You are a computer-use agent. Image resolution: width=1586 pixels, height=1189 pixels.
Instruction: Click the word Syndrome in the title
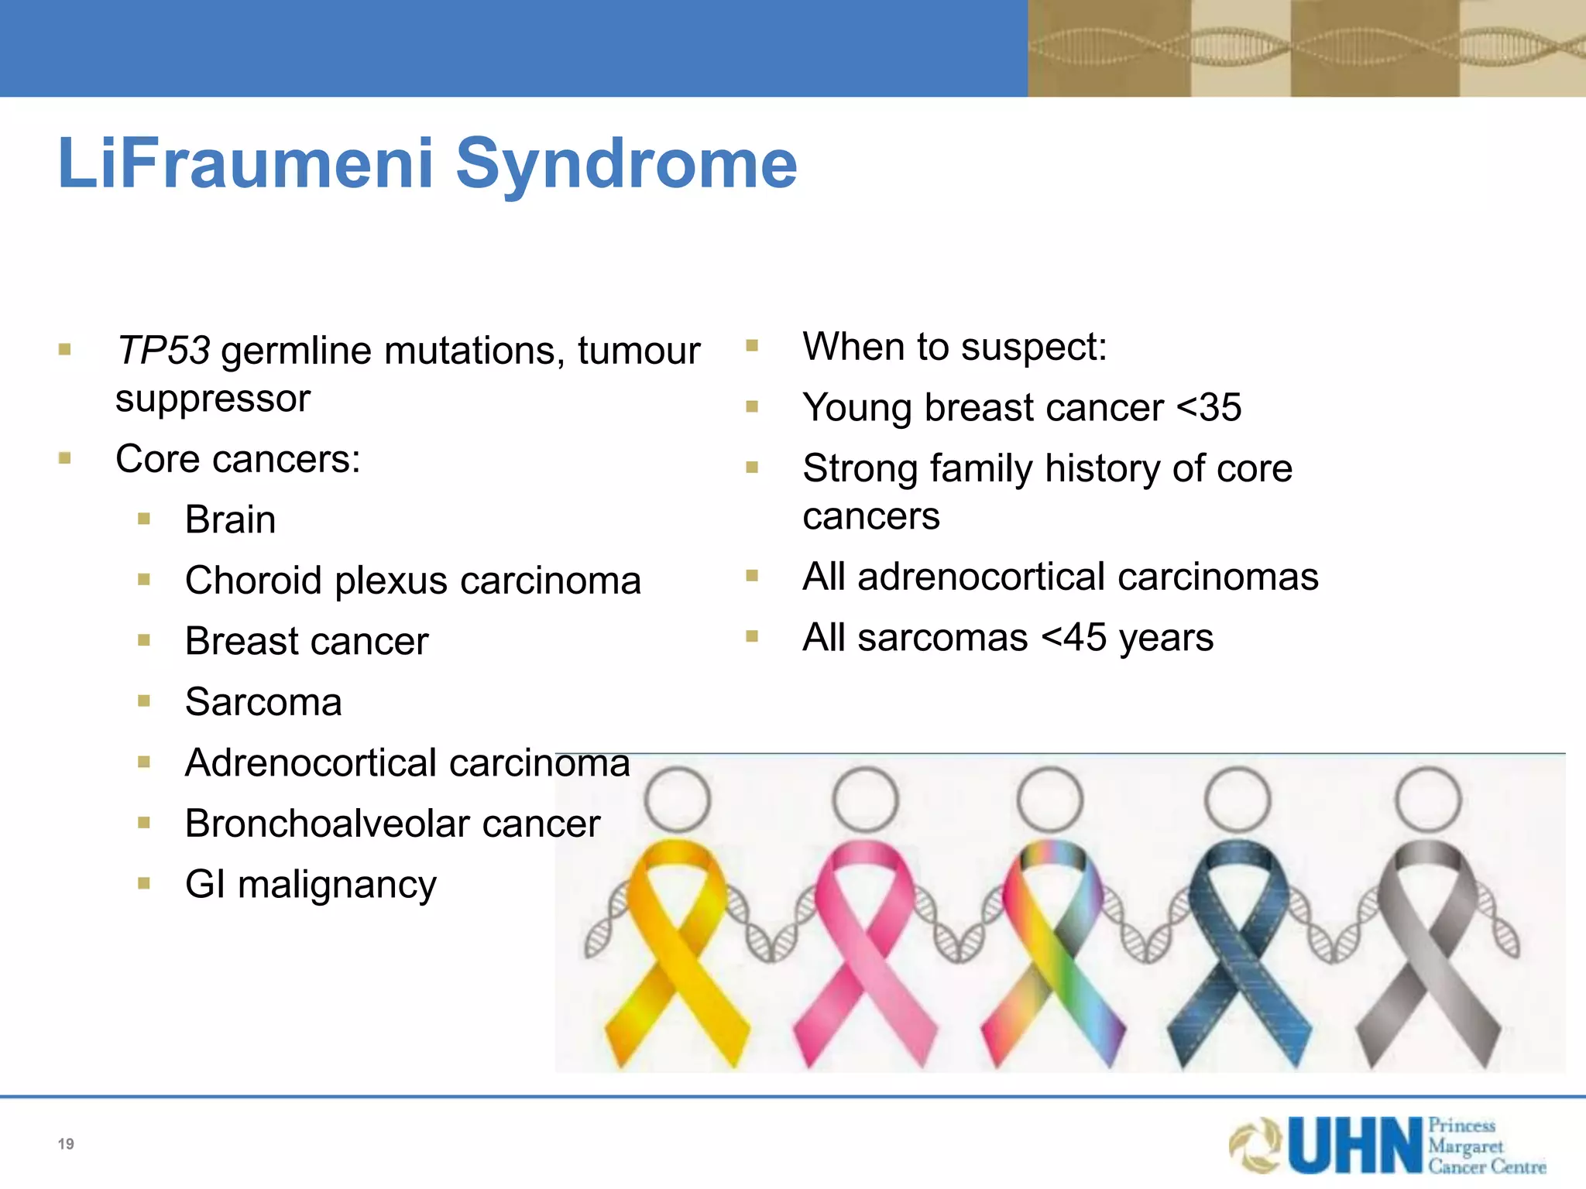point(626,164)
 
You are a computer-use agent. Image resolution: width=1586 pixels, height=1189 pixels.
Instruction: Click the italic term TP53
point(163,351)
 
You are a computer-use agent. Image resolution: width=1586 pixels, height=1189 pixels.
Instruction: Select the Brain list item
point(230,519)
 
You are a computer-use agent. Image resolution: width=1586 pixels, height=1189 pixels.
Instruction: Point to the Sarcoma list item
point(263,702)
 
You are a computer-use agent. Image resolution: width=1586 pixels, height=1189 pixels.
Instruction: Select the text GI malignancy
point(311,885)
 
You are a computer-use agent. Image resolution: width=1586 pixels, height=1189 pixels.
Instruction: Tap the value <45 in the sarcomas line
point(1073,639)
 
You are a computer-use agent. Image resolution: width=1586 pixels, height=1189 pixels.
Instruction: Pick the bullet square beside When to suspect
point(752,346)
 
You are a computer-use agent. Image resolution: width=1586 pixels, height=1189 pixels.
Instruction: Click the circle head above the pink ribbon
point(866,800)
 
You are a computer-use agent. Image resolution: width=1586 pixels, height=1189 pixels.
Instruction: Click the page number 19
point(66,1144)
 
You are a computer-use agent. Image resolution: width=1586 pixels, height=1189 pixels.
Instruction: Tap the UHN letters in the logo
point(1355,1146)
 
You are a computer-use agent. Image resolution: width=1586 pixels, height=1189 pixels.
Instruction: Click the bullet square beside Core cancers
point(65,459)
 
